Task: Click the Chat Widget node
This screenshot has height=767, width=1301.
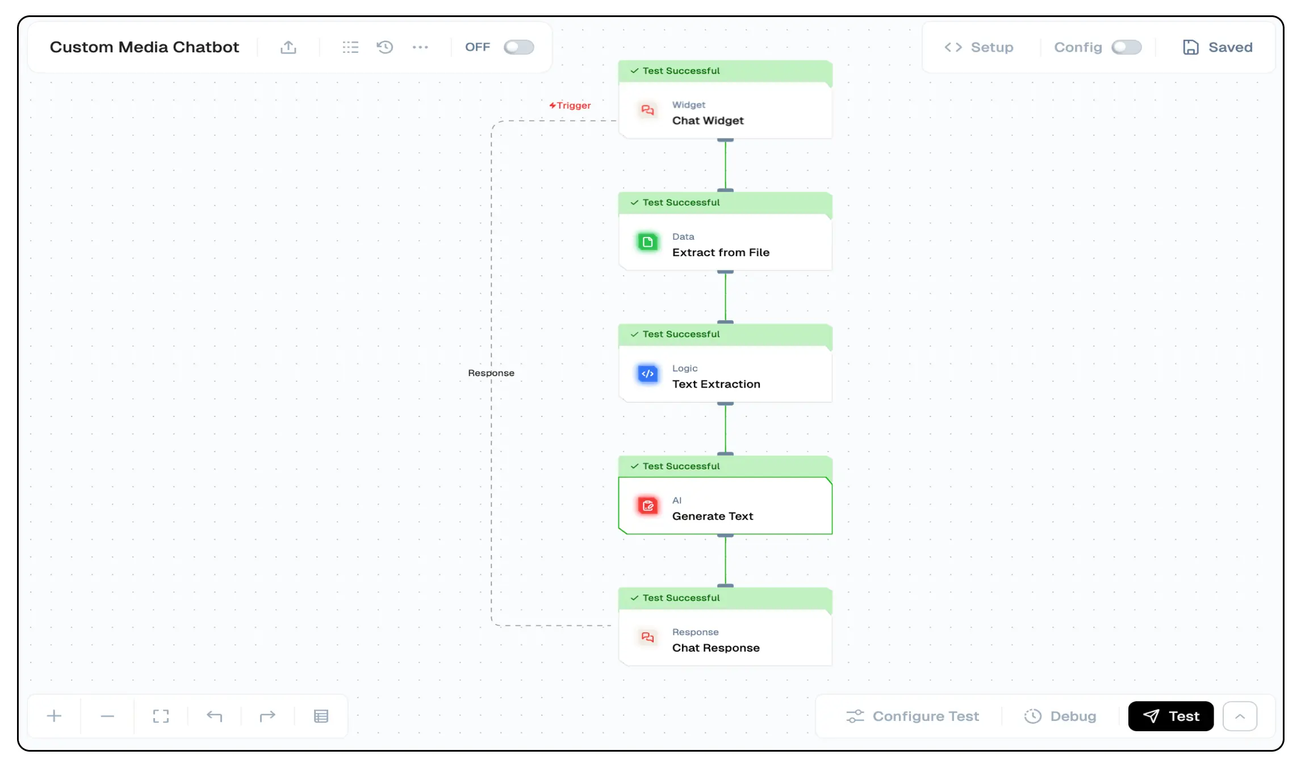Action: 725,112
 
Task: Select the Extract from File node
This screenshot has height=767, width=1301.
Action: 725,244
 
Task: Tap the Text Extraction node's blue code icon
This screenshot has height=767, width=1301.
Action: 647,374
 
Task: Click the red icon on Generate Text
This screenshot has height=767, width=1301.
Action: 647,506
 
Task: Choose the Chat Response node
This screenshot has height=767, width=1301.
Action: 725,640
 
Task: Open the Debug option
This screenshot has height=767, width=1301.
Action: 1060,716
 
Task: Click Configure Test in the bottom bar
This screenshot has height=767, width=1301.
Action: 913,716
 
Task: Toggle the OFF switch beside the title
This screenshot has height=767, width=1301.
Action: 518,47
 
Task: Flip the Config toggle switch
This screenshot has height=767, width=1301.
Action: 1126,47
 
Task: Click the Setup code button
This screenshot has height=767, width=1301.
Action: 978,47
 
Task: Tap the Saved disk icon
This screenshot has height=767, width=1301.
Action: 1190,47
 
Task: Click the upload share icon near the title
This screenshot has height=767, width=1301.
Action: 288,47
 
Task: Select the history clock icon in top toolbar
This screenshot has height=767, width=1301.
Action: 385,47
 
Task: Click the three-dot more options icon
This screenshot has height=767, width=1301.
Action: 420,47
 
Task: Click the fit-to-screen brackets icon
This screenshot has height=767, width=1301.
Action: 161,716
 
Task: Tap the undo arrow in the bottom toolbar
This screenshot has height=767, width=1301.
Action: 214,716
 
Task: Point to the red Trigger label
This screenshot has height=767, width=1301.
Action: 570,106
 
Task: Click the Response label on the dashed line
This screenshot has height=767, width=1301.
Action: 491,373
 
